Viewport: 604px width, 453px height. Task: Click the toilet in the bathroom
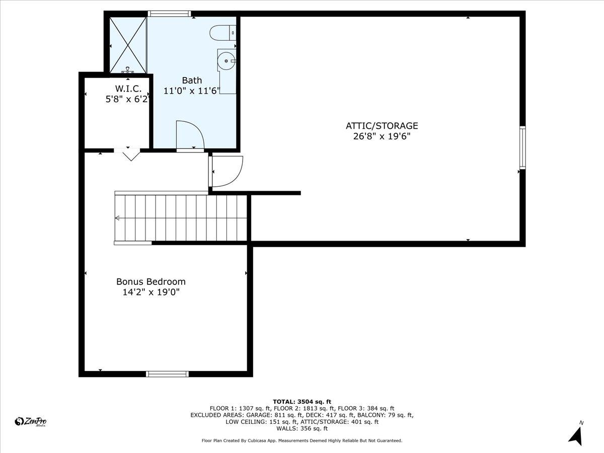[x=222, y=33]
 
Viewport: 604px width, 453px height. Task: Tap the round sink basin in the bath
[x=226, y=61]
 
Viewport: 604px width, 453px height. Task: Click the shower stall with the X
[x=128, y=45]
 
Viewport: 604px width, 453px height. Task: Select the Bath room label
[x=192, y=81]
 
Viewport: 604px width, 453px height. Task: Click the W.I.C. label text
[x=128, y=89]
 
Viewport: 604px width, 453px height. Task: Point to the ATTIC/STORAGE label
[x=382, y=126]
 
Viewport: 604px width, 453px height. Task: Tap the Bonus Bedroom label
[x=151, y=281]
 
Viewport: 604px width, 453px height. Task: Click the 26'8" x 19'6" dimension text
[x=382, y=136]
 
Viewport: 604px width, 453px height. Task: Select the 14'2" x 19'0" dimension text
[x=151, y=292]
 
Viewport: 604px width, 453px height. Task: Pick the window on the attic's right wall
[x=522, y=147]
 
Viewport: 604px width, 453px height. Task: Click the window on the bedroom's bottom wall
[x=167, y=374]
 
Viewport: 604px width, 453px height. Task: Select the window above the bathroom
[x=169, y=14]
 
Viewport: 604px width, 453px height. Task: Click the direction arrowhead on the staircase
[x=117, y=218]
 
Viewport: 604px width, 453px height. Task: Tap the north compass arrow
[x=576, y=436]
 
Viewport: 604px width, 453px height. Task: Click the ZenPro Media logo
[x=31, y=422]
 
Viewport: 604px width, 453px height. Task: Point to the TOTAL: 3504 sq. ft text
[x=302, y=402]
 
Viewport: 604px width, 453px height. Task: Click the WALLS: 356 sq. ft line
[x=302, y=428]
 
